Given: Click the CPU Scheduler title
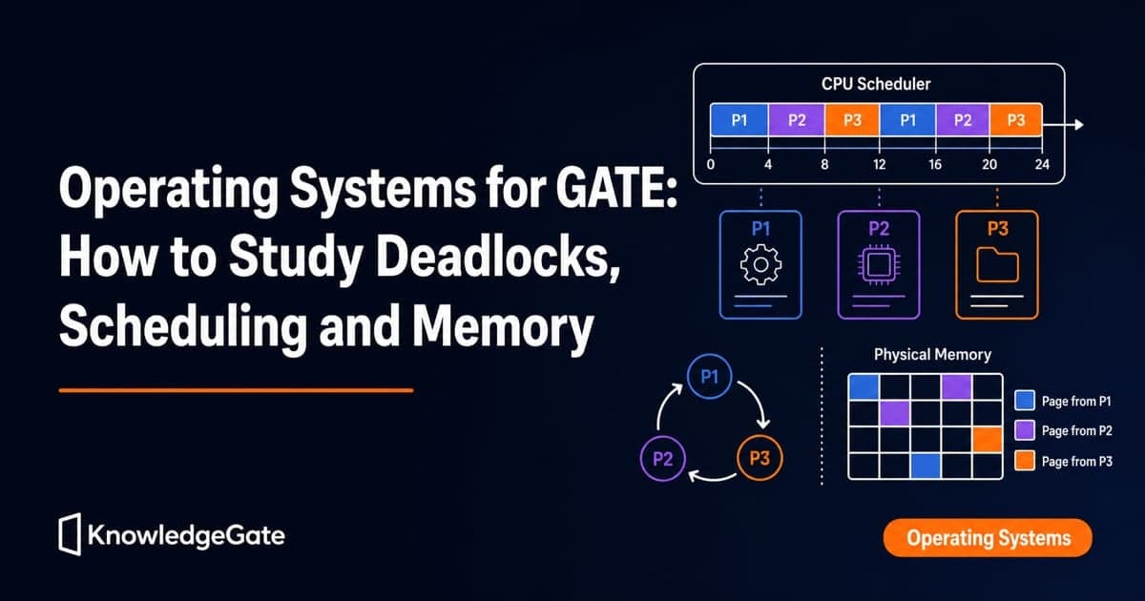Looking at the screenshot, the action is [x=876, y=84].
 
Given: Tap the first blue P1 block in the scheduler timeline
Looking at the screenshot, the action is [x=739, y=119].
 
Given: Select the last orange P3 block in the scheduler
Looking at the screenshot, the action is [x=1015, y=119].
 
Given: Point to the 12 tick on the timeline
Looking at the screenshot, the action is [x=879, y=164].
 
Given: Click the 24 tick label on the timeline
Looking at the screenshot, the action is [x=1042, y=164].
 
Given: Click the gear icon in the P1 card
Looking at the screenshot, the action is [x=760, y=265].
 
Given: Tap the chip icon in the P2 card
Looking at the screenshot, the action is [x=879, y=265].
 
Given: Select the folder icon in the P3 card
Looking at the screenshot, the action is [x=997, y=265].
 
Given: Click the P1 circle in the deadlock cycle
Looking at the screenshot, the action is [x=710, y=377].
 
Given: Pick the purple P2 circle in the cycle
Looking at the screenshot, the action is [x=663, y=459].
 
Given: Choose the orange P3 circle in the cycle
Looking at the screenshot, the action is [x=760, y=457].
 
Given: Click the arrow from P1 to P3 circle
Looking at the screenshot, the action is [x=757, y=400].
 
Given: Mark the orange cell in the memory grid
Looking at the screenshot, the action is [x=987, y=440].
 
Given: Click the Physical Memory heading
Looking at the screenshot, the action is [x=932, y=354].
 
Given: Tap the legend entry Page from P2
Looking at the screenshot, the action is [x=1063, y=430].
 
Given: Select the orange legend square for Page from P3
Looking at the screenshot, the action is [x=1025, y=461].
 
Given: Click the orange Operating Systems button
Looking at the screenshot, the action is [x=988, y=538].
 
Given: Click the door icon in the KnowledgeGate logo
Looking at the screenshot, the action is [x=70, y=534].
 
